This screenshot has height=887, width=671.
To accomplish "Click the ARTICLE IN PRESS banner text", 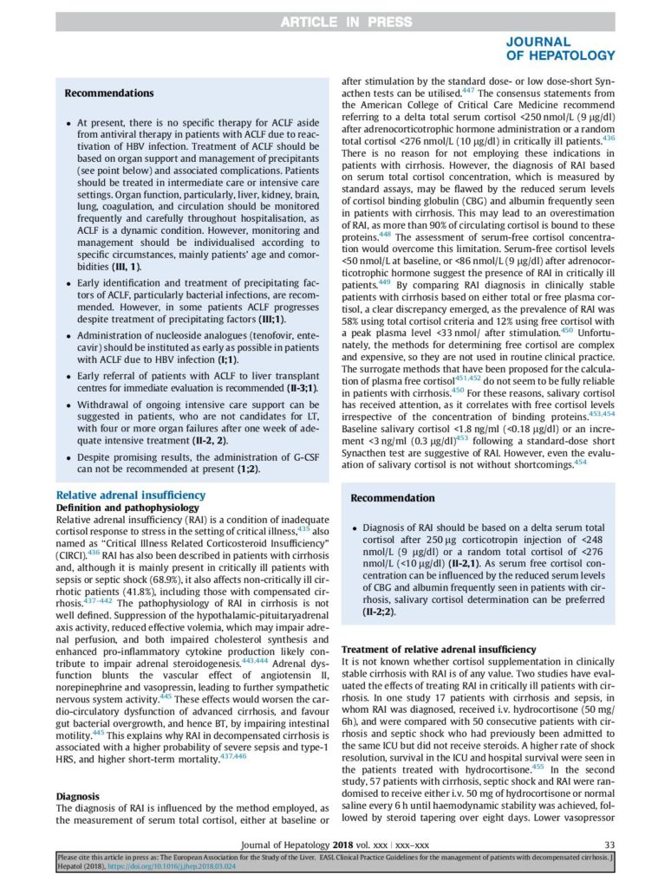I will pos(335,22).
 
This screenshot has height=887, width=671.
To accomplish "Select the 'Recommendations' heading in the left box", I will pos(109,94).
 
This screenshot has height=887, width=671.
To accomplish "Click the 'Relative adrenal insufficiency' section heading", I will pos(131,495).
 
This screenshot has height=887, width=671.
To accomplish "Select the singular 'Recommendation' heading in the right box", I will pos(393,498).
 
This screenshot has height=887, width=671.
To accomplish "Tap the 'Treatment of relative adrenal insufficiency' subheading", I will pos(440,650).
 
